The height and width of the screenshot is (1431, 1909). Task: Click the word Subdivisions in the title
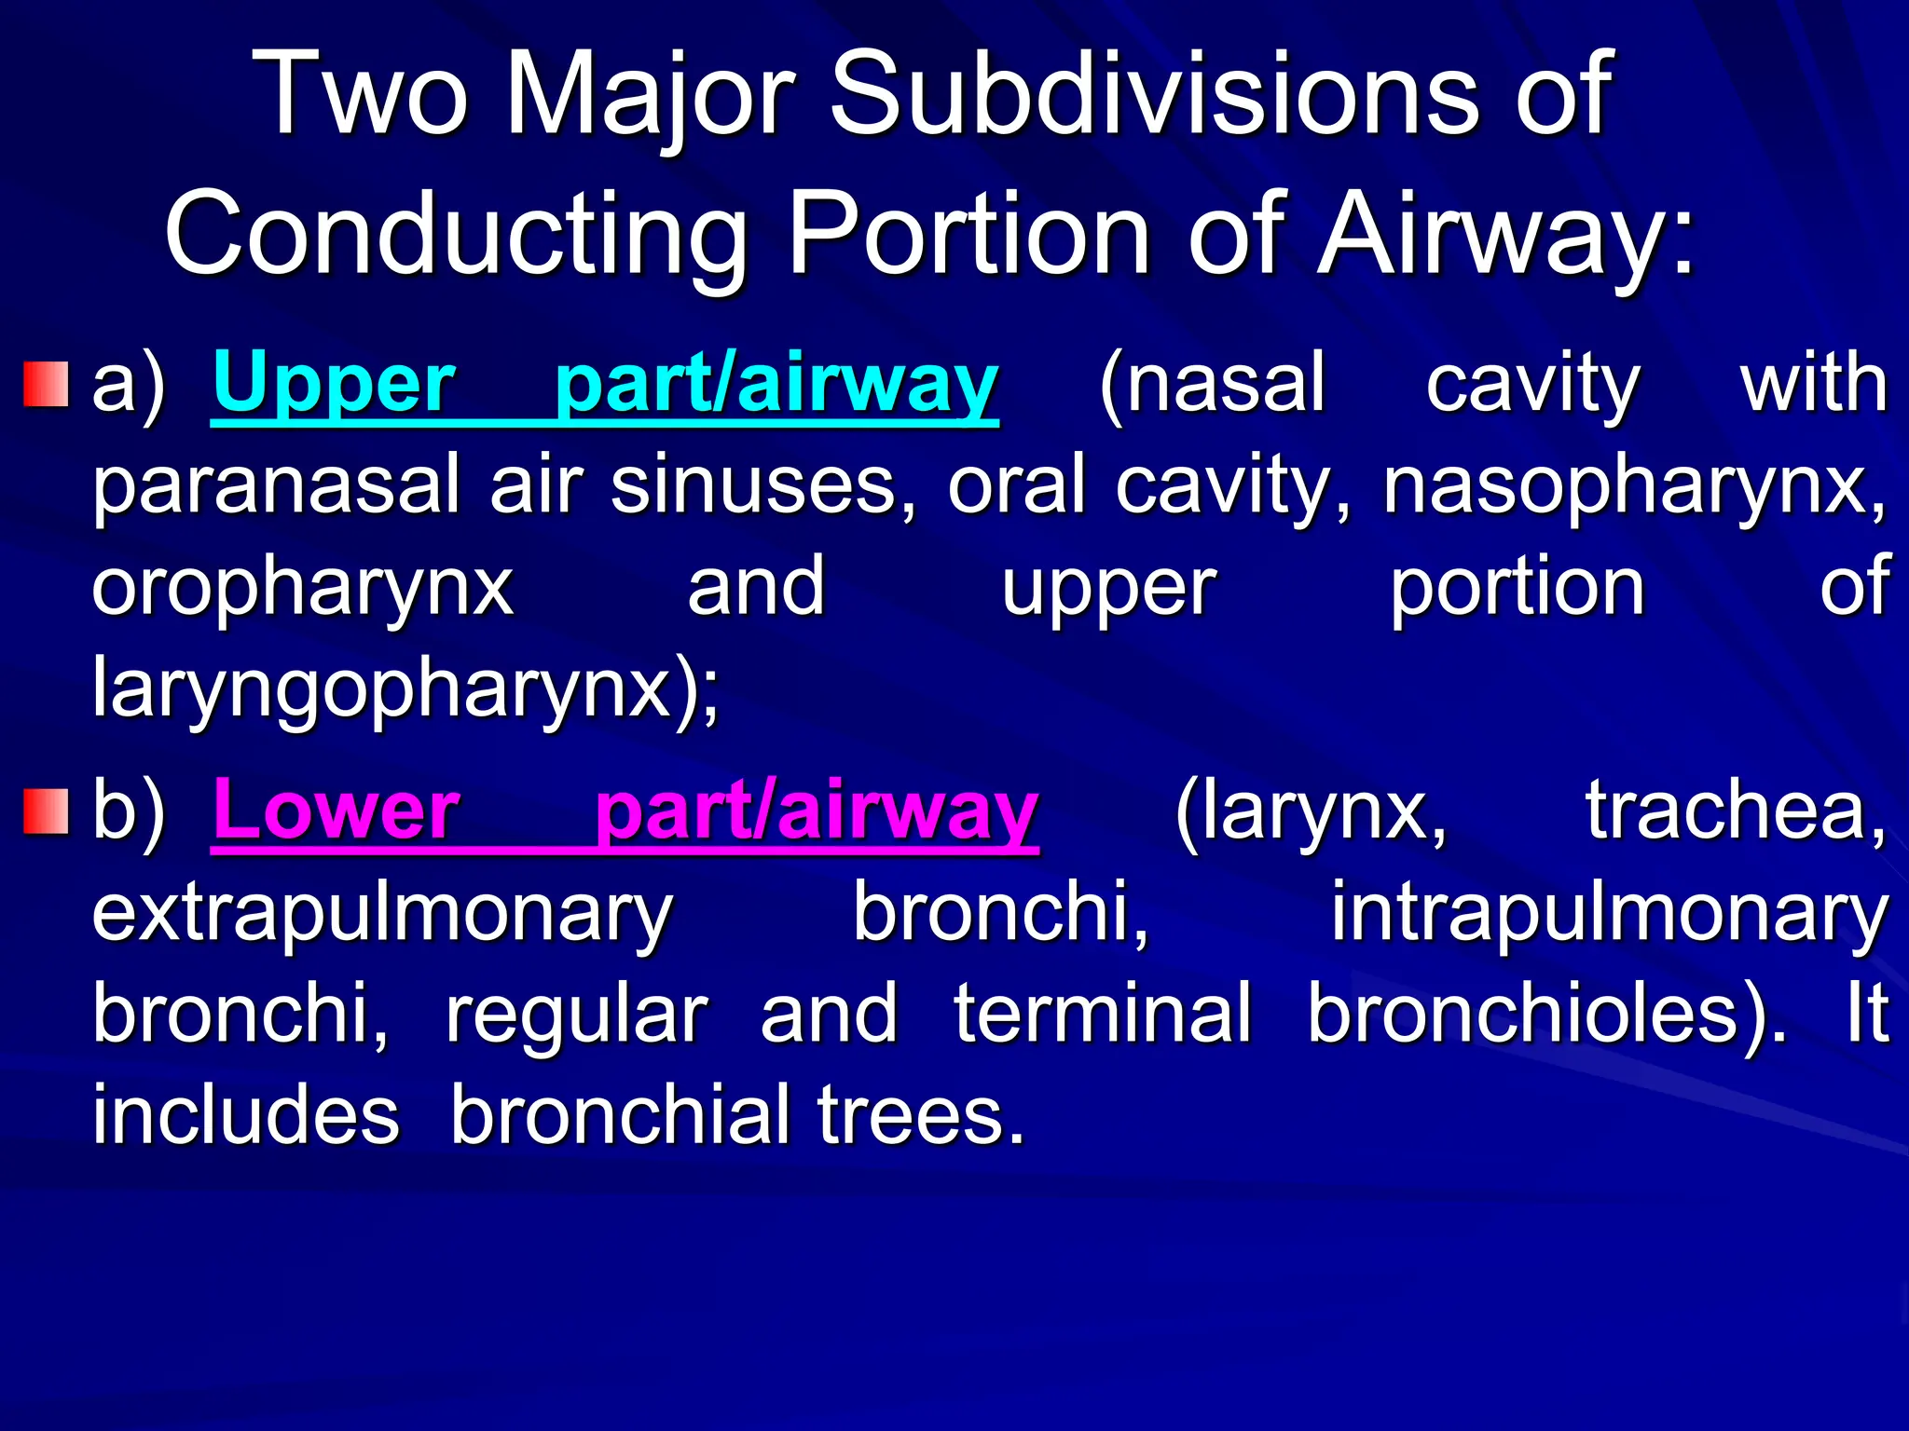click(1156, 93)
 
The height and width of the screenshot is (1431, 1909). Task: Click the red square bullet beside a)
click(47, 385)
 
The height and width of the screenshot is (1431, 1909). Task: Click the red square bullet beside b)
click(47, 811)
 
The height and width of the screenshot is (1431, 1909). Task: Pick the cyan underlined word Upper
click(334, 385)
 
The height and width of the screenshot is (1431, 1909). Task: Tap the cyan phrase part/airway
click(776, 385)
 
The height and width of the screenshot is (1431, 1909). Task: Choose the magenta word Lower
click(336, 811)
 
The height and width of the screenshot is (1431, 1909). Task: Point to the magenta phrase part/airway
click(817, 811)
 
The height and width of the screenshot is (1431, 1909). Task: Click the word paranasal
click(276, 486)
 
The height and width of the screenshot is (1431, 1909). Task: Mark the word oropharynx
click(303, 589)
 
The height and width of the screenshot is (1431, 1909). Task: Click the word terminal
click(1103, 1014)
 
